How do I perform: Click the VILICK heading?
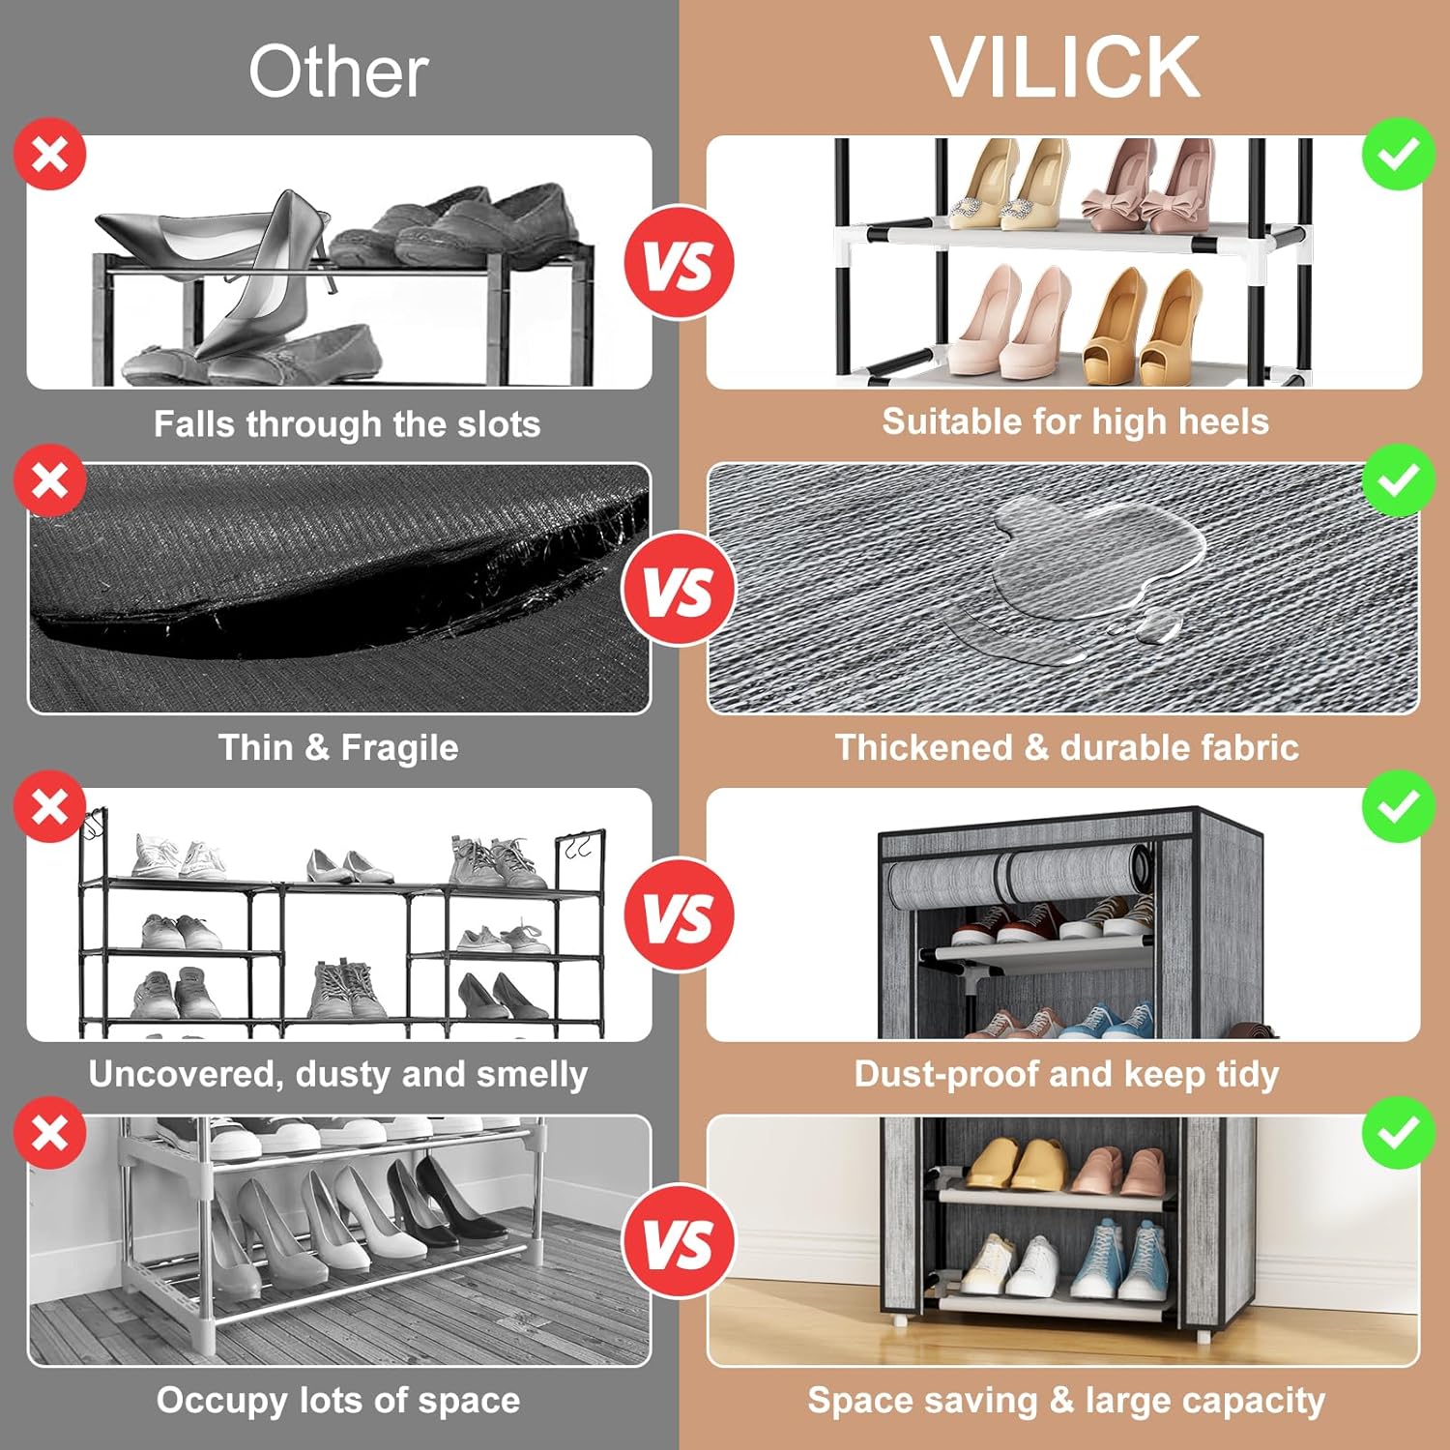tap(1064, 67)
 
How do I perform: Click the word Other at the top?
tap(338, 72)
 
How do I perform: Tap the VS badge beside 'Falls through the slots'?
tap(680, 263)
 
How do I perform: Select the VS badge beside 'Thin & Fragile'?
tap(680, 589)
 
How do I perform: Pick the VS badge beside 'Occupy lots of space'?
tap(680, 1241)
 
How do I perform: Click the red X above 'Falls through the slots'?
tap(50, 154)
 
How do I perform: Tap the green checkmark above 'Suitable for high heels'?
tap(1399, 154)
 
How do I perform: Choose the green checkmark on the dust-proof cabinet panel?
tap(1399, 806)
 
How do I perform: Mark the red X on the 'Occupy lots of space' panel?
tap(50, 1133)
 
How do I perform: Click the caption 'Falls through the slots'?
tap(347, 423)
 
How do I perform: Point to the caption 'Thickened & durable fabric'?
tap(1067, 747)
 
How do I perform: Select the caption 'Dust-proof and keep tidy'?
tap(1067, 1074)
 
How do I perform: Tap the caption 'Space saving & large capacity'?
tap(1067, 1401)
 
